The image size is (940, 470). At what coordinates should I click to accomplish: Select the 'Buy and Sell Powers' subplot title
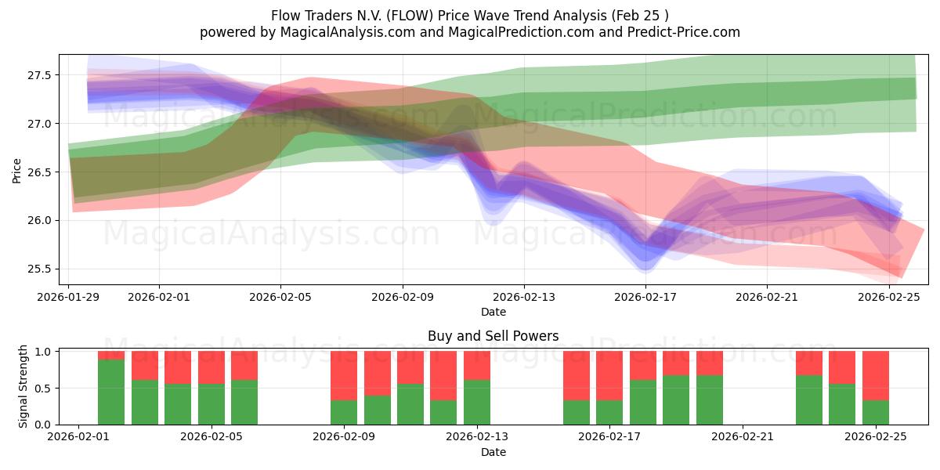pyautogui.click(x=493, y=336)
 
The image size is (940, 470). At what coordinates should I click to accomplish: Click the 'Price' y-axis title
pyautogui.click(x=17, y=169)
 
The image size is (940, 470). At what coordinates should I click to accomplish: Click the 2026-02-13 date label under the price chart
pyautogui.click(x=524, y=297)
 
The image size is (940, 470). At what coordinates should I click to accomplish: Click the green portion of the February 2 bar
pyautogui.click(x=111, y=392)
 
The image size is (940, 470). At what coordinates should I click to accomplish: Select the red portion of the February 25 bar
pyautogui.click(x=875, y=375)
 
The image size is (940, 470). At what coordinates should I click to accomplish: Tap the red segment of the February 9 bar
pyautogui.click(x=344, y=375)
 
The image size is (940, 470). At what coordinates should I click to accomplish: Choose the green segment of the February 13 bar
pyautogui.click(x=477, y=402)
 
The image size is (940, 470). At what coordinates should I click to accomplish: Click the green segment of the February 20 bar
pyautogui.click(x=709, y=399)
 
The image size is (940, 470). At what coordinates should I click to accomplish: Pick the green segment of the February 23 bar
pyautogui.click(x=808, y=399)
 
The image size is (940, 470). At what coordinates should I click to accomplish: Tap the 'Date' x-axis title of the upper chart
pyautogui.click(x=493, y=312)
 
